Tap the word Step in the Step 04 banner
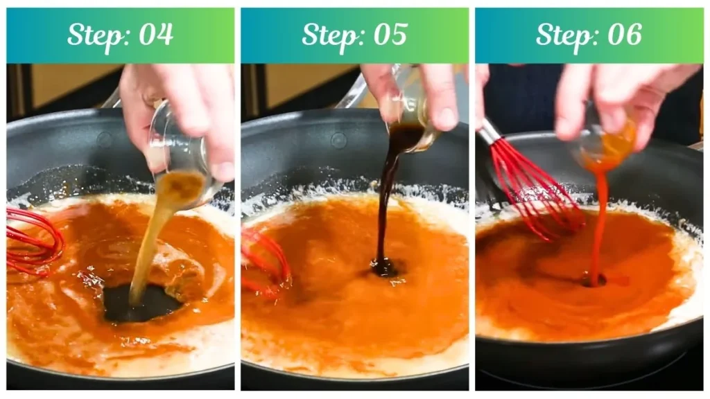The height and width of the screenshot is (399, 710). point(94,35)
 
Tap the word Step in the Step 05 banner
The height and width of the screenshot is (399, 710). point(329,35)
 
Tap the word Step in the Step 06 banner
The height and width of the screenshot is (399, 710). point(563,35)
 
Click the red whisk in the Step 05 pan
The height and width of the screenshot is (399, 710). point(267,260)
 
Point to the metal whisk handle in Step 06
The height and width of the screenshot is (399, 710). point(491,132)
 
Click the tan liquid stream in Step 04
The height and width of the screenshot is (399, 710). point(149,242)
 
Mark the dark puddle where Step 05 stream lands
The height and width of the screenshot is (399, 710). point(383,267)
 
